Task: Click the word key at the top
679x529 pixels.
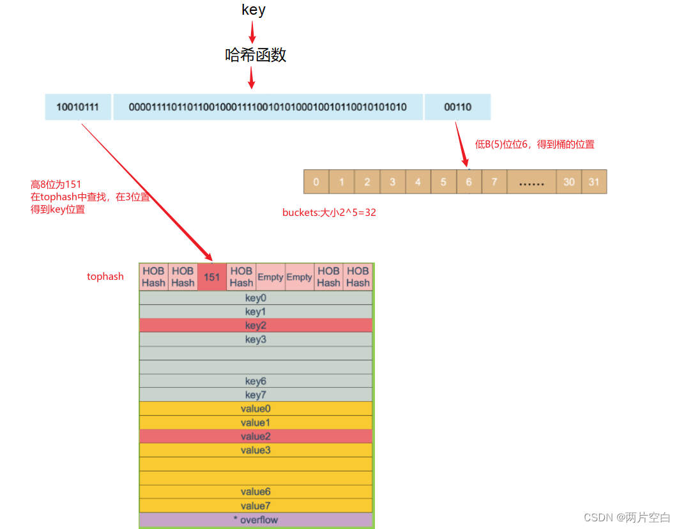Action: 253,10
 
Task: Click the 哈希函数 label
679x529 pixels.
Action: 256,56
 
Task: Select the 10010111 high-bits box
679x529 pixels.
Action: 77,107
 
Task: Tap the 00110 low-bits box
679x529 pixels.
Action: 457,107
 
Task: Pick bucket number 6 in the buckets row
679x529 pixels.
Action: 469,182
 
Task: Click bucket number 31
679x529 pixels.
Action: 594,182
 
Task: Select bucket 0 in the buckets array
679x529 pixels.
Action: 316,182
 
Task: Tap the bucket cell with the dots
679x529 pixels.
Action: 531,182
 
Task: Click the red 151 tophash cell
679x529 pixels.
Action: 212,277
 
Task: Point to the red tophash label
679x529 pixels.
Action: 105,277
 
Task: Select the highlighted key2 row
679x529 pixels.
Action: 256,325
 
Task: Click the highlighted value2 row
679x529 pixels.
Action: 256,436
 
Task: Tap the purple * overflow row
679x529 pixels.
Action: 256,520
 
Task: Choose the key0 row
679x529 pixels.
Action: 256,298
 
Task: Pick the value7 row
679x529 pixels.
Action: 256,505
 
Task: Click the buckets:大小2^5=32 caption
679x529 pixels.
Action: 329,213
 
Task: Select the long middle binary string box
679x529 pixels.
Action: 268,107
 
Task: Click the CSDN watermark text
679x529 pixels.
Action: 627,517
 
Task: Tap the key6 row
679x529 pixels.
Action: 256,381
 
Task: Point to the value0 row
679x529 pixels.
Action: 256,409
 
